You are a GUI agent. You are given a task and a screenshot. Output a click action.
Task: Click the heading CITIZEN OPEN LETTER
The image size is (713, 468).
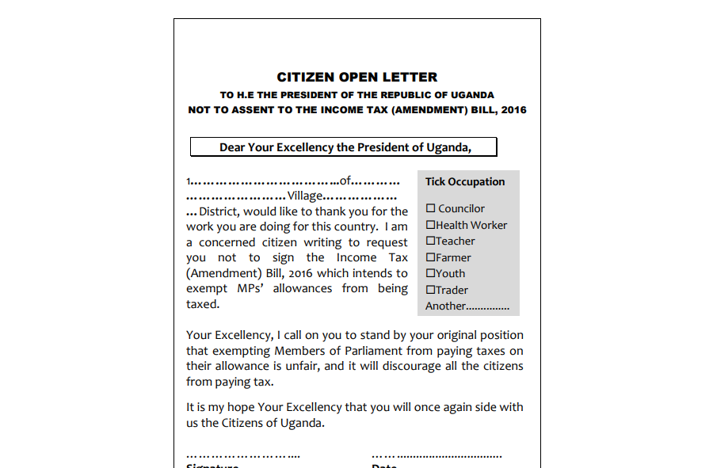[356, 78]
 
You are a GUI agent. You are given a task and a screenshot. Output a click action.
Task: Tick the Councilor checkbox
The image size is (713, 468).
[431, 208]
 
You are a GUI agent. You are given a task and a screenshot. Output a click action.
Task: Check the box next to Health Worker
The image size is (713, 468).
[430, 225]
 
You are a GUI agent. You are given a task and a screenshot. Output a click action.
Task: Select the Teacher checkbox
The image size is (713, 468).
[430, 241]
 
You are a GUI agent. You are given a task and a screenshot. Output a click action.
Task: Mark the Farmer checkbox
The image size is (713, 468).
[430, 257]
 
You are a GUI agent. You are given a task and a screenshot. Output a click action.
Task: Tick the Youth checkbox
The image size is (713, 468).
[430, 273]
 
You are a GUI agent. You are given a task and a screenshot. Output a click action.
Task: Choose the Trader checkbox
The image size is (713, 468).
[430, 290]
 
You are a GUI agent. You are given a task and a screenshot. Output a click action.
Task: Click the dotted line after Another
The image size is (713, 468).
[487, 306]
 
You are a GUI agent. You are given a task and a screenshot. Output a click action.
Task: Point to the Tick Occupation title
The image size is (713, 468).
[465, 182]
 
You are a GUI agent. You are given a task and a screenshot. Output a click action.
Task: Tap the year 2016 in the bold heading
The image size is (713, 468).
[513, 110]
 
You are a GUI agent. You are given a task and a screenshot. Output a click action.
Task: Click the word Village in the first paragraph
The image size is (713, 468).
[305, 196]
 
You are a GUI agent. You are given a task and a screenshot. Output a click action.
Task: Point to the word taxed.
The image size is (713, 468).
[203, 304]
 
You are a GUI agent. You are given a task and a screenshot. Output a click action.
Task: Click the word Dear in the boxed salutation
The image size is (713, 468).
[232, 147]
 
